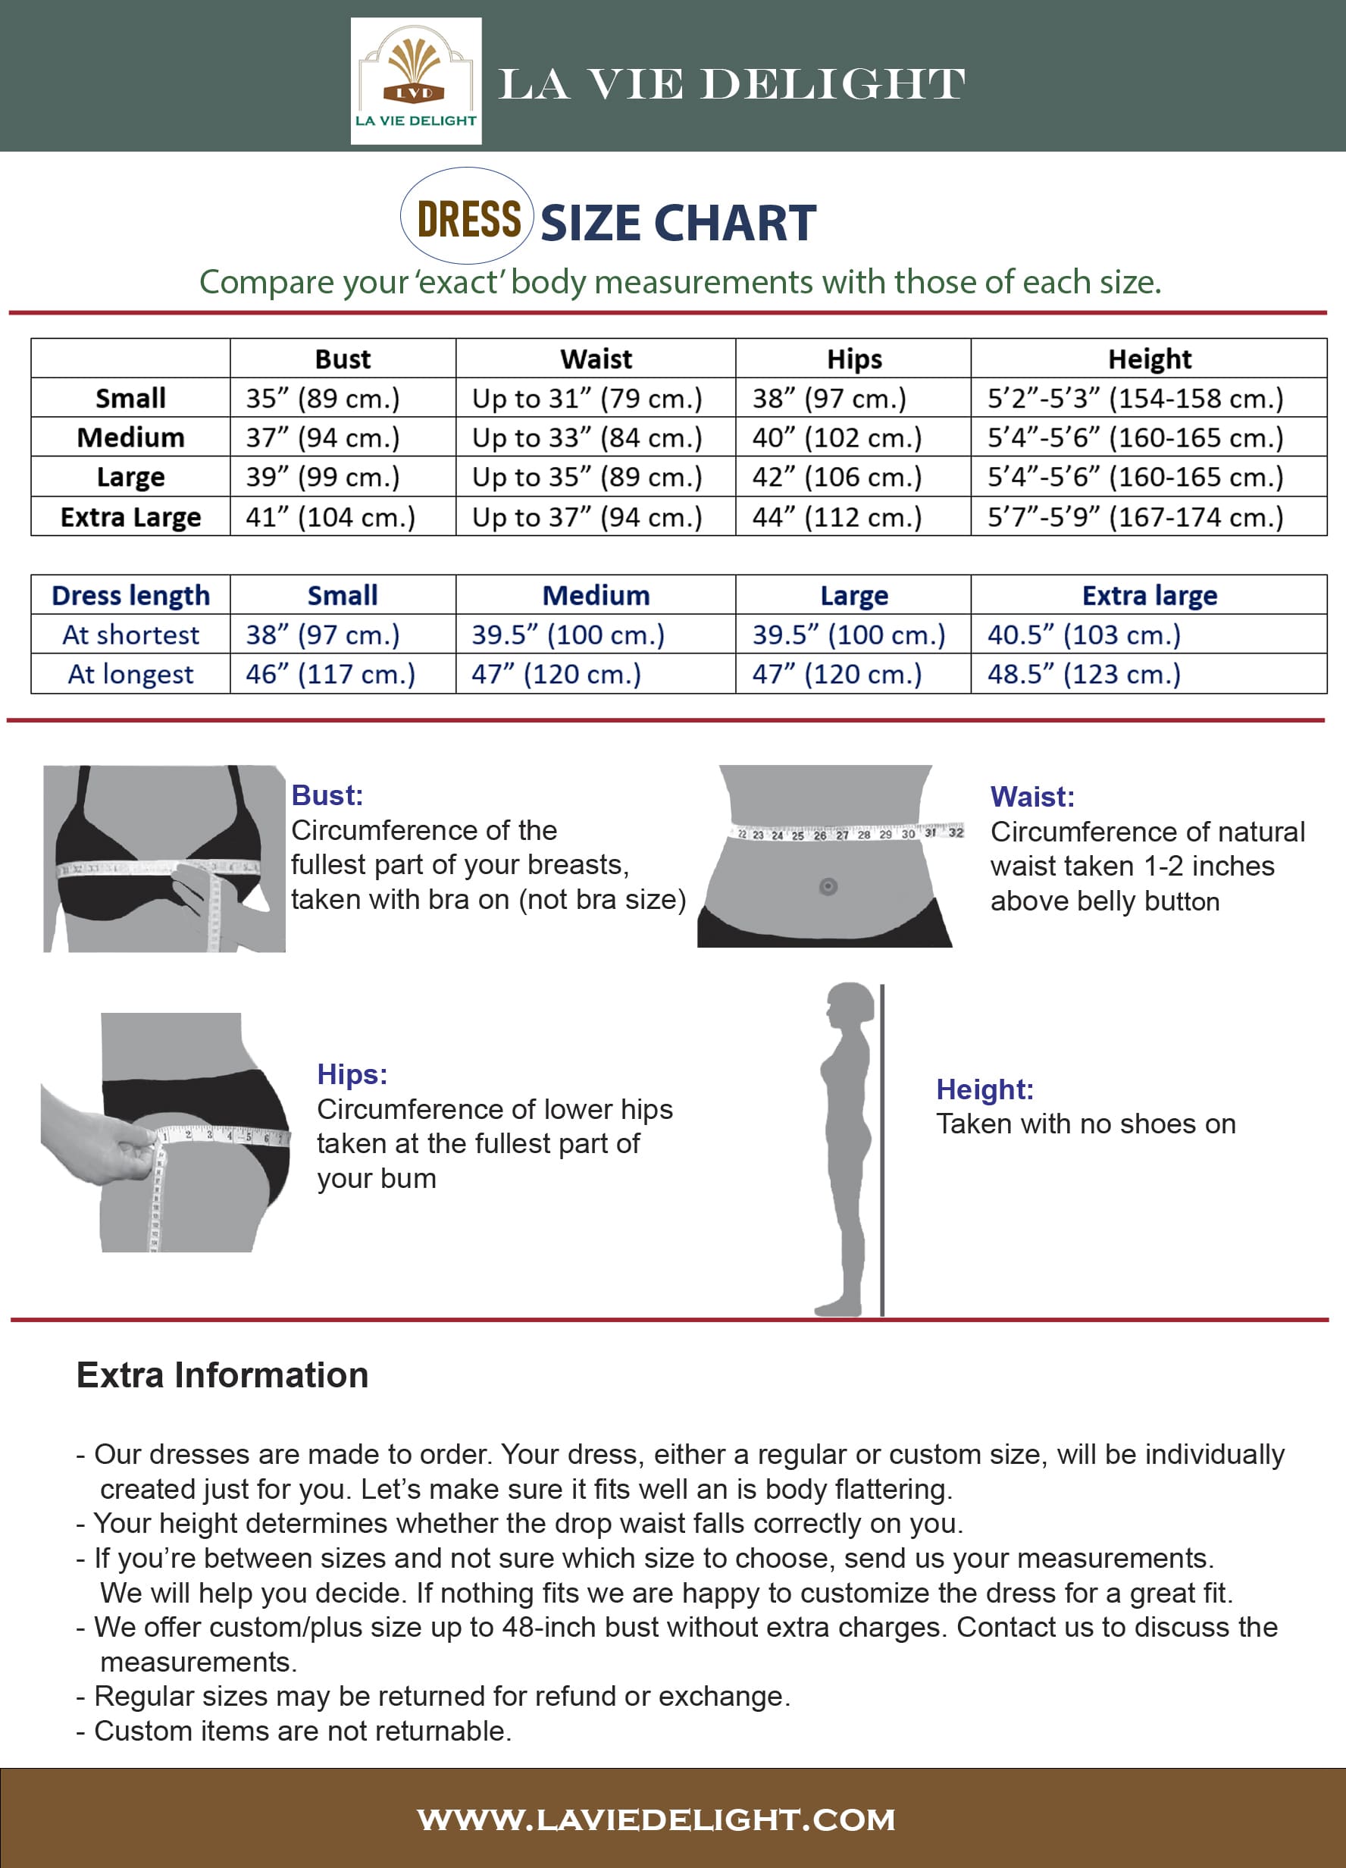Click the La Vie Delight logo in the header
click(416, 80)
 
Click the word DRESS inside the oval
click(468, 219)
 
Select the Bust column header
click(343, 359)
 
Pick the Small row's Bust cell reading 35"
click(323, 399)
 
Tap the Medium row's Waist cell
click(587, 437)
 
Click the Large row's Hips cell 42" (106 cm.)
click(837, 477)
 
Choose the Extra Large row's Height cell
click(1135, 517)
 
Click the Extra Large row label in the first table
click(130, 517)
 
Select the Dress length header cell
click(130, 595)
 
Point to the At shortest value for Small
click(323, 635)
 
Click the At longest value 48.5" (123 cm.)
click(1083, 675)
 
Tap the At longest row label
click(130, 675)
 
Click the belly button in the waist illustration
click(828, 886)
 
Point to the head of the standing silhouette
click(850, 1005)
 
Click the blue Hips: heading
click(352, 1074)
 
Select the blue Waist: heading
click(1031, 797)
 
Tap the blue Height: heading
click(984, 1089)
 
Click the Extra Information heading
click(222, 1375)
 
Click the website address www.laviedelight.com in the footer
click(656, 1819)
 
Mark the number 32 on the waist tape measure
click(955, 832)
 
